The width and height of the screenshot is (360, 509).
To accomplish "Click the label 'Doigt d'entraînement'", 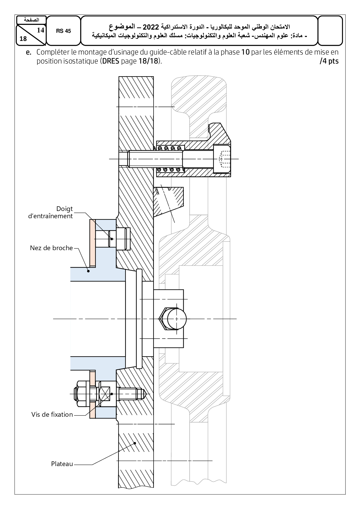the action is click(x=50, y=212).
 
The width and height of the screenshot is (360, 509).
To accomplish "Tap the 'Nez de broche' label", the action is click(x=51, y=248).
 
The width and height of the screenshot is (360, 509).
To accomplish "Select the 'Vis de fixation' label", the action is click(x=52, y=415).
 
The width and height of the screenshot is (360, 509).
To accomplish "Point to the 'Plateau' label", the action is click(x=62, y=464).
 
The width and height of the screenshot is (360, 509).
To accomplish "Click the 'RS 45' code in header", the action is click(x=63, y=31).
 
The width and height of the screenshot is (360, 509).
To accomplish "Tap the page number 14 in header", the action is click(x=41, y=30).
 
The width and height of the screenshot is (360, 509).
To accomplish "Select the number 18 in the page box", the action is click(x=23, y=39).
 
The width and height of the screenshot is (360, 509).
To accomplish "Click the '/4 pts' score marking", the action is click(x=329, y=62).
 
